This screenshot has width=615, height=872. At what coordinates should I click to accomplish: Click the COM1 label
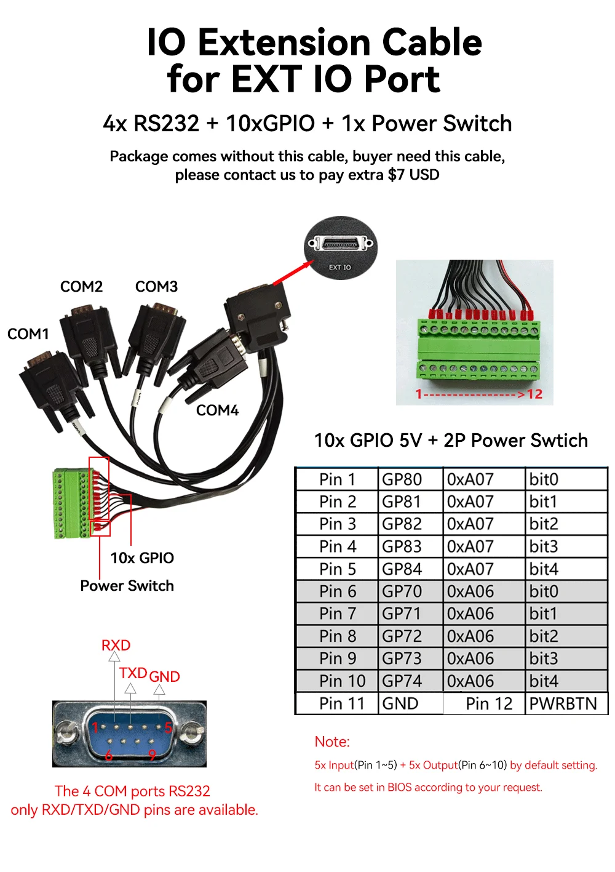coord(28,334)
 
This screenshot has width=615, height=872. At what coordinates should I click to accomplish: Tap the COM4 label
coord(217,410)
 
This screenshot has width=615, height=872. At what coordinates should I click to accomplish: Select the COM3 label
coord(156,287)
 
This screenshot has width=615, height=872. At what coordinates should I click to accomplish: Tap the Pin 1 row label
coord(337,479)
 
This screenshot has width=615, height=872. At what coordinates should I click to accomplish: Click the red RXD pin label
coord(116,645)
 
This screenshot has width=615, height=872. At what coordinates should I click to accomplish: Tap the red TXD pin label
coord(133,673)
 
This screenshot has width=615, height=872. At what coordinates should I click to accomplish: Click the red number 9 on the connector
coord(152,755)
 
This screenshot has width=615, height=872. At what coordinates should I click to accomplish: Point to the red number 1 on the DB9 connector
coord(95,727)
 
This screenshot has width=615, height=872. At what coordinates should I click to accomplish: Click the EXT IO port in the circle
coord(340,244)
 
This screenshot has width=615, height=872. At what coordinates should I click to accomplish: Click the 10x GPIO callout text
coord(142,558)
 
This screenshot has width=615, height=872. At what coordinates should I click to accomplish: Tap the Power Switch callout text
coord(127,585)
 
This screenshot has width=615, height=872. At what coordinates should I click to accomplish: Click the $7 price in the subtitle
coord(397,175)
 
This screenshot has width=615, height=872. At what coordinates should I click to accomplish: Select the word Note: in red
coord(332,742)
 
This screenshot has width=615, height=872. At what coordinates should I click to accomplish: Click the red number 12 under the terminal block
coord(535,394)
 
